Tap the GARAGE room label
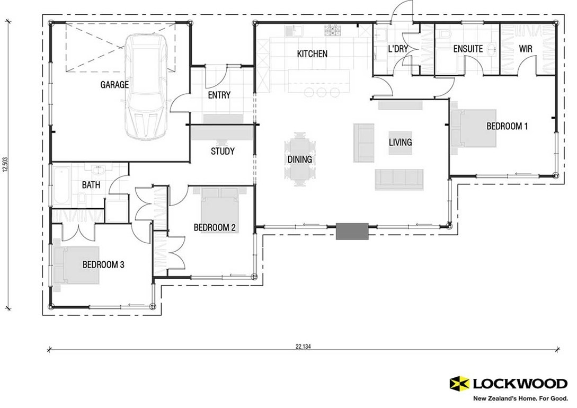(114, 84)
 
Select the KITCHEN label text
(312, 54)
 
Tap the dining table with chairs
(300, 159)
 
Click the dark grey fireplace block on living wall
(352, 232)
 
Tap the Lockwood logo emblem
(459, 383)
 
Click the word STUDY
(223, 151)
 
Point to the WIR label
(526, 49)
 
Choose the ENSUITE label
(468, 49)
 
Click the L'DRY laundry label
(397, 49)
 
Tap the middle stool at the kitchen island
(322, 92)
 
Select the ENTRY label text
(219, 95)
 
